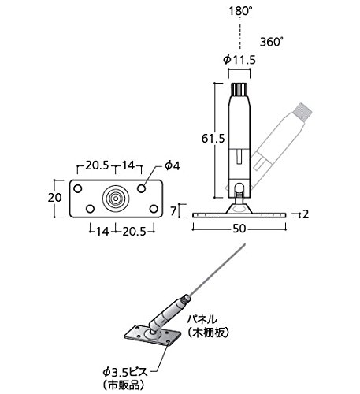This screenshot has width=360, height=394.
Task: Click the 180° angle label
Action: pos(240,11)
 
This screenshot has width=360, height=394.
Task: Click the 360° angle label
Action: pos(272,42)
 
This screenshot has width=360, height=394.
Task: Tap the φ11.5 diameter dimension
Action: pos(239,60)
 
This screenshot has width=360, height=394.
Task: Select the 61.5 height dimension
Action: pos(213,139)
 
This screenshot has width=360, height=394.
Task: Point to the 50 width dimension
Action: pos(239,229)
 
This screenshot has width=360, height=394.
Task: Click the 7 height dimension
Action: pos(173,211)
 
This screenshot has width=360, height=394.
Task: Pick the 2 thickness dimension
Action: pos(306,214)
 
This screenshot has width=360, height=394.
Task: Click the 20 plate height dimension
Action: pos(54,198)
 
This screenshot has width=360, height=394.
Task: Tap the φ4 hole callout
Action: pos(173,166)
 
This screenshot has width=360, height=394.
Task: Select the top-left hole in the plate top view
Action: pos(78,188)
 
